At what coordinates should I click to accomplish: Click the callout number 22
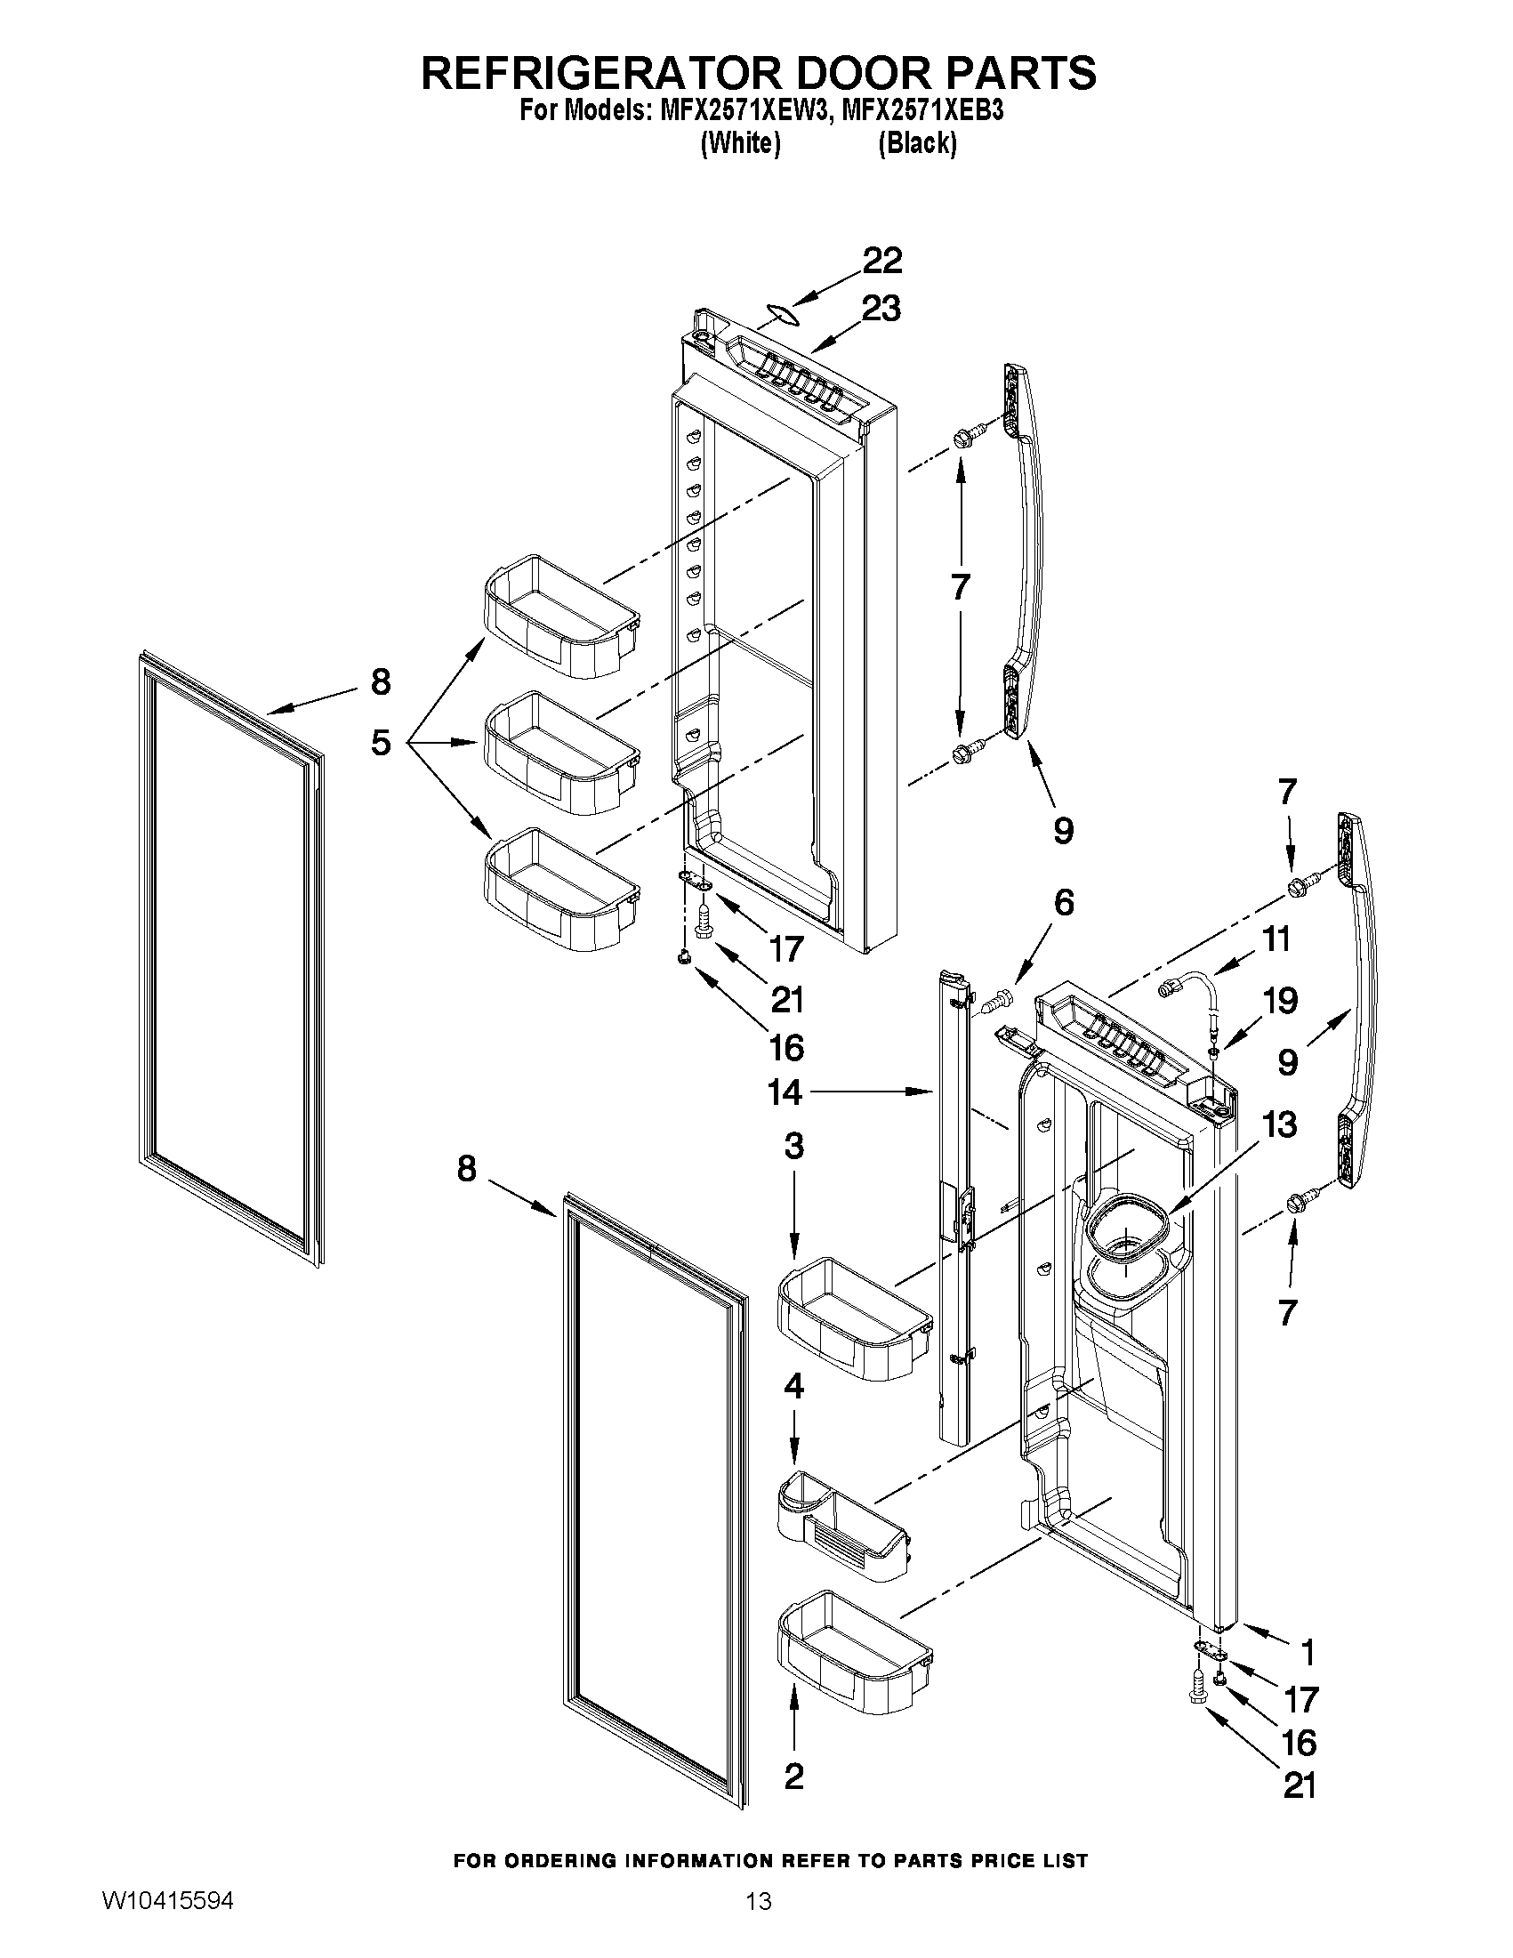[x=882, y=261]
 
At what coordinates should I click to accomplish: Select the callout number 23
[x=881, y=309]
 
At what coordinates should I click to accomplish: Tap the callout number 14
[x=785, y=1092]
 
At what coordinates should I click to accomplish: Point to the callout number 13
[x=1279, y=1124]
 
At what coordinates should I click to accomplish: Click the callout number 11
[x=1276, y=939]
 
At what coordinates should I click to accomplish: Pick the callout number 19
[x=1279, y=1001]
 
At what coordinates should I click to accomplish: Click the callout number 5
[x=381, y=742]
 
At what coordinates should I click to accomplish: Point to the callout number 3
[x=794, y=1147]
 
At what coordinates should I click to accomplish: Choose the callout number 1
[x=1308, y=1651]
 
